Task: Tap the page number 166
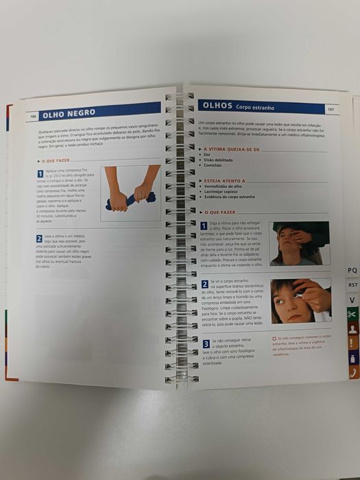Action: click(x=31, y=117)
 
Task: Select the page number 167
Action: click(x=330, y=109)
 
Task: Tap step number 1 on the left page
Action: click(x=40, y=173)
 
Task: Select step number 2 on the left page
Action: click(x=39, y=238)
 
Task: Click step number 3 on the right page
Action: click(x=206, y=342)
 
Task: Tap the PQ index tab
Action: click(x=352, y=271)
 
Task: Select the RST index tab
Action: click(x=352, y=285)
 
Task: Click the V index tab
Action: click(x=352, y=300)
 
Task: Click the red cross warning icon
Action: click(x=274, y=337)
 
